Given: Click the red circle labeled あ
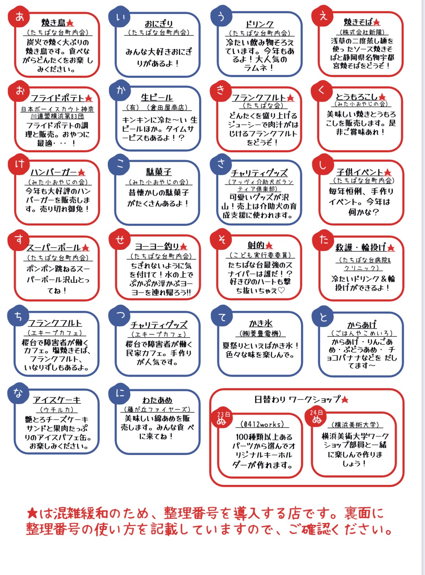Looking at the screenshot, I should click(x=19, y=17).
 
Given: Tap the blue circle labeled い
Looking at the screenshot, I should click(x=121, y=17).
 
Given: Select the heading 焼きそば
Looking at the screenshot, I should click(x=358, y=22).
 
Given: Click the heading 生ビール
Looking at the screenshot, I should click(x=157, y=97).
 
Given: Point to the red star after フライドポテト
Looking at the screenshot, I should click(x=89, y=98).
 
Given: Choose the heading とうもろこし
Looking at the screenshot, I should click(x=357, y=97).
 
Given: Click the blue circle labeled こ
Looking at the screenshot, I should click(x=120, y=164).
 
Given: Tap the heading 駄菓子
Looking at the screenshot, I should click(x=159, y=172).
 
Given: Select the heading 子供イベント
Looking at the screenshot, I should click(x=360, y=172).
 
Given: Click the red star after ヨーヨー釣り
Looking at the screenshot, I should click(x=184, y=247).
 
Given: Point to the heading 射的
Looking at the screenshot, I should click(x=256, y=245).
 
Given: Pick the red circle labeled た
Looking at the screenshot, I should click(x=324, y=240).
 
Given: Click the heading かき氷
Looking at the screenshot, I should click(x=261, y=323).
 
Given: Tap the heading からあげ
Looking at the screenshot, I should click(x=362, y=324).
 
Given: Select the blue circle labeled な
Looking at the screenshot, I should click(x=18, y=394).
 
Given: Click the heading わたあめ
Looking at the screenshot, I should click(x=157, y=400).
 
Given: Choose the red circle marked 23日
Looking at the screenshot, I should click(x=222, y=418).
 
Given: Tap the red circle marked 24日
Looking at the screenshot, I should click(x=317, y=416).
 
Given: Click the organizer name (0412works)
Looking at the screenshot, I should click(x=262, y=424).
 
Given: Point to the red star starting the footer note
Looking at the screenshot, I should click(x=32, y=513).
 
